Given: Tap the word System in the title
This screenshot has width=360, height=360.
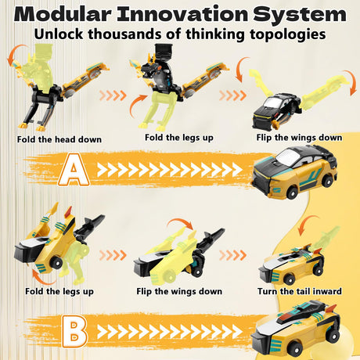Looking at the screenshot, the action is (299, 15).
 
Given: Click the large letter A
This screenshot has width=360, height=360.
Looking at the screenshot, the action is (74, 170).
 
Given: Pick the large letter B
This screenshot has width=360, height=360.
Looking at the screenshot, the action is (74, 331).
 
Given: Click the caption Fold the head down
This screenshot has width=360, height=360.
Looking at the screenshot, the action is (59, 139).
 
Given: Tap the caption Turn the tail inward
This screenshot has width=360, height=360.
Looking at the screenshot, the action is (300, 291).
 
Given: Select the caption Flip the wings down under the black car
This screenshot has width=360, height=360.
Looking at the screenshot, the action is (299, 138).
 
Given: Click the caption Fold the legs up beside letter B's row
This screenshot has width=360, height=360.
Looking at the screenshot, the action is (59, 292).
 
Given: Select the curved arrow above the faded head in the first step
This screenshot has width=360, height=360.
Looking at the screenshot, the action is (16, 53).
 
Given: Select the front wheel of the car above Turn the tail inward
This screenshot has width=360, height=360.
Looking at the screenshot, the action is (289, 279).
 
